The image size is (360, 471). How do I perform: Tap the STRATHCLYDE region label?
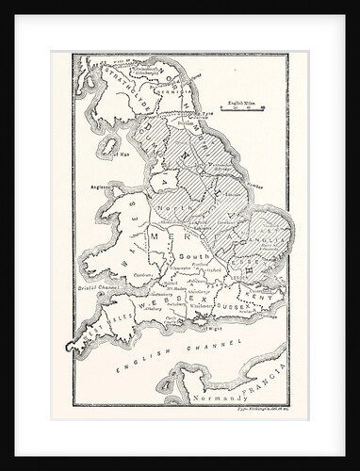(123, 79)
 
